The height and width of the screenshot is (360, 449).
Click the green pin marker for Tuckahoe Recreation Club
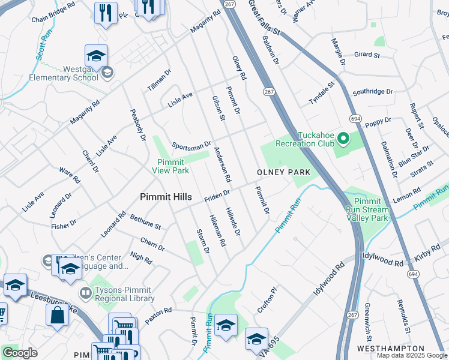(343, 139)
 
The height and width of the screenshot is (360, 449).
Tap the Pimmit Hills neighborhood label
(166, 197)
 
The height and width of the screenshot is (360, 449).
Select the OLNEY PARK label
(283, 172)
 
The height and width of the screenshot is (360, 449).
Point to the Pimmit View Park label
(173, 166)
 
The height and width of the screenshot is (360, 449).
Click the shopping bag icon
(58, 315)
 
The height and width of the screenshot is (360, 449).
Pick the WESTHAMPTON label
(391, 349)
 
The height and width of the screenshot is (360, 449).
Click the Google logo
(20, 353)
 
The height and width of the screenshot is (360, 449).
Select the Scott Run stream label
(40, 46)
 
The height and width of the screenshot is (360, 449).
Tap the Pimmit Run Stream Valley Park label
(367, 209)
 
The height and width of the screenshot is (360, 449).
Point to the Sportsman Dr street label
(191, 145)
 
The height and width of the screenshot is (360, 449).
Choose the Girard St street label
(367, 55)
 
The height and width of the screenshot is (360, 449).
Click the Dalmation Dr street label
(389, 159)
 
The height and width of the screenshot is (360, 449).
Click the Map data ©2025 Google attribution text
(411, 355)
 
